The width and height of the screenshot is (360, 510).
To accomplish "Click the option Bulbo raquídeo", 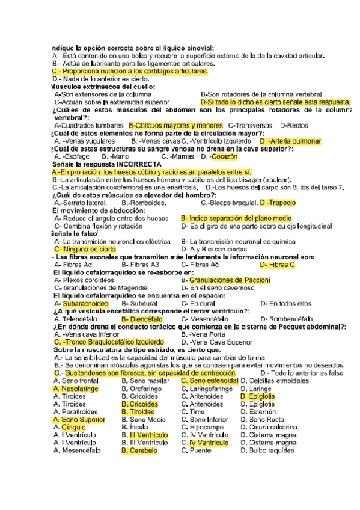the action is point(270,450).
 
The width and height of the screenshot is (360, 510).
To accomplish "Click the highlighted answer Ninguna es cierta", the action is point(93,249).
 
